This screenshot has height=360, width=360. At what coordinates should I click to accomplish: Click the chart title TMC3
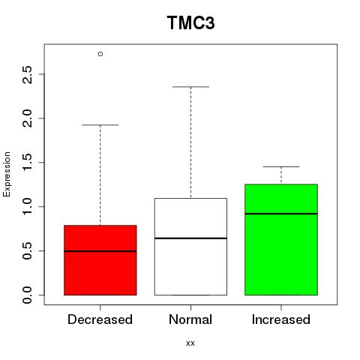tap(190, 22)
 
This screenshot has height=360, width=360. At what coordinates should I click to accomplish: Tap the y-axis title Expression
tap(7, 175)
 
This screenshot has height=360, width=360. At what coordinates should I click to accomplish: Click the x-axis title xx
tap(190, 343)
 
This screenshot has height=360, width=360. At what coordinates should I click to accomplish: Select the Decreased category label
tap(100, 319)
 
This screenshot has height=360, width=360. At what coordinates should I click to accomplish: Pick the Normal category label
tap(190, 319)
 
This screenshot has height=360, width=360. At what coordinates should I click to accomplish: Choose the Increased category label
tap(281, 319)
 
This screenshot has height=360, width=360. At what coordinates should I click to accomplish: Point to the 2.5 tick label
tap(27, 74)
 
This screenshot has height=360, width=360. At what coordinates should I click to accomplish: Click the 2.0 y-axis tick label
tap(27, 118)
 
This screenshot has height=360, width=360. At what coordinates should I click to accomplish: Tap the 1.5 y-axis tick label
tap(27, 163)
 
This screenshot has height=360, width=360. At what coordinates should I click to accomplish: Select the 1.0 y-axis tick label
tap(27, 206)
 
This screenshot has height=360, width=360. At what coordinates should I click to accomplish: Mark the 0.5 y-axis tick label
tap(27, 250)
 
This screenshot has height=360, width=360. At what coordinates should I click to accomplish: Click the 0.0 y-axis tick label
tap(27, 295)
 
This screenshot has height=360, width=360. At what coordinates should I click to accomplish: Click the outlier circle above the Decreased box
tap(100, 54)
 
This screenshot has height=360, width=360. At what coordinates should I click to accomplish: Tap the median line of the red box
tap(100, 251)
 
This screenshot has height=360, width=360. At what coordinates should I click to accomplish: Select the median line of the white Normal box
tap(190, 238)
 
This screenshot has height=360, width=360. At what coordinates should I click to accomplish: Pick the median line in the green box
tap(281, 214)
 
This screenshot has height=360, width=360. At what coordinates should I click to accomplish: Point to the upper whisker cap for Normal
tap(190, 87)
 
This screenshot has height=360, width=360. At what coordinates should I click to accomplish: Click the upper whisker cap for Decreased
tap(100, 124)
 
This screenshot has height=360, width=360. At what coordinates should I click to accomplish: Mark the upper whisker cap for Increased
tap(281, 166)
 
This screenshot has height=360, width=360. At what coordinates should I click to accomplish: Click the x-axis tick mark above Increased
tap(281, 307)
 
